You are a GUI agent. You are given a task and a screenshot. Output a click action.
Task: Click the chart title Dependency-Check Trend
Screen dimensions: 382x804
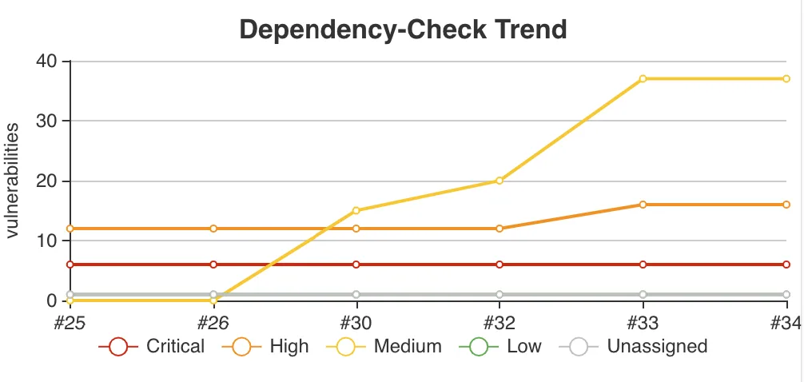coord(403,30)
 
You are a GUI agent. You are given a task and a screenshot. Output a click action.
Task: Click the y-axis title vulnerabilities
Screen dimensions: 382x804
coord(14,181)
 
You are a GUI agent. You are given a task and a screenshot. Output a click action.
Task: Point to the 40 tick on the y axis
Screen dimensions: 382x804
coord(46,61)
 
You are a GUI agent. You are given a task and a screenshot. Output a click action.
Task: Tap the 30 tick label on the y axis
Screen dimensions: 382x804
coord(46,121)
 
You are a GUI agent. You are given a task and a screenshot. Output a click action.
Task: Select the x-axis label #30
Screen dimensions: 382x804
coord(356,322)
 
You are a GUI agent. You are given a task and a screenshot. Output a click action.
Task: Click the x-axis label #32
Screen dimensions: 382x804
coord(500,322)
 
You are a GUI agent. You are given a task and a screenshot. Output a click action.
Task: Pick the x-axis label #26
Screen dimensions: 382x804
coord(213,322)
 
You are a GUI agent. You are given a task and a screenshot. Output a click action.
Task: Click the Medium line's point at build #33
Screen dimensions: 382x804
coord(643,78)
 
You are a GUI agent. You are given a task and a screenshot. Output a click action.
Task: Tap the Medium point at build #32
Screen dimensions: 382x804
coord(500,181)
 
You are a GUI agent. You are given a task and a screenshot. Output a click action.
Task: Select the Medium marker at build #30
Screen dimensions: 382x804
coord(356,210)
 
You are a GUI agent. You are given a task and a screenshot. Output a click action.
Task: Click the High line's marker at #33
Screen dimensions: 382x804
coord(643,205)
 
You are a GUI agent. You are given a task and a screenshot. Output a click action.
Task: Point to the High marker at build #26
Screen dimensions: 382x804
coord(213,229)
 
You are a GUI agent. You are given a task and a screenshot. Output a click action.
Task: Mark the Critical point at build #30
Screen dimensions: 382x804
coord(356,265)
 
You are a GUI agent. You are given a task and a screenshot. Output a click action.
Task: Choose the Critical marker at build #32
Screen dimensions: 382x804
coord(500,265)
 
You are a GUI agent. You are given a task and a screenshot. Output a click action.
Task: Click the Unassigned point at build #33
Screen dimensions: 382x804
coord(643,295)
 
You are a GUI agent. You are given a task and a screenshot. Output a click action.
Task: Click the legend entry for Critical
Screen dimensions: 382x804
coord(152,347)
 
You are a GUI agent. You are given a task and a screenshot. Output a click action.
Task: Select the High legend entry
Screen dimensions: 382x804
coord(272,347)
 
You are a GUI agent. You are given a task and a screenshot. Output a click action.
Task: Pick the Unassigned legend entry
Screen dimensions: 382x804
coord(632,347)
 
